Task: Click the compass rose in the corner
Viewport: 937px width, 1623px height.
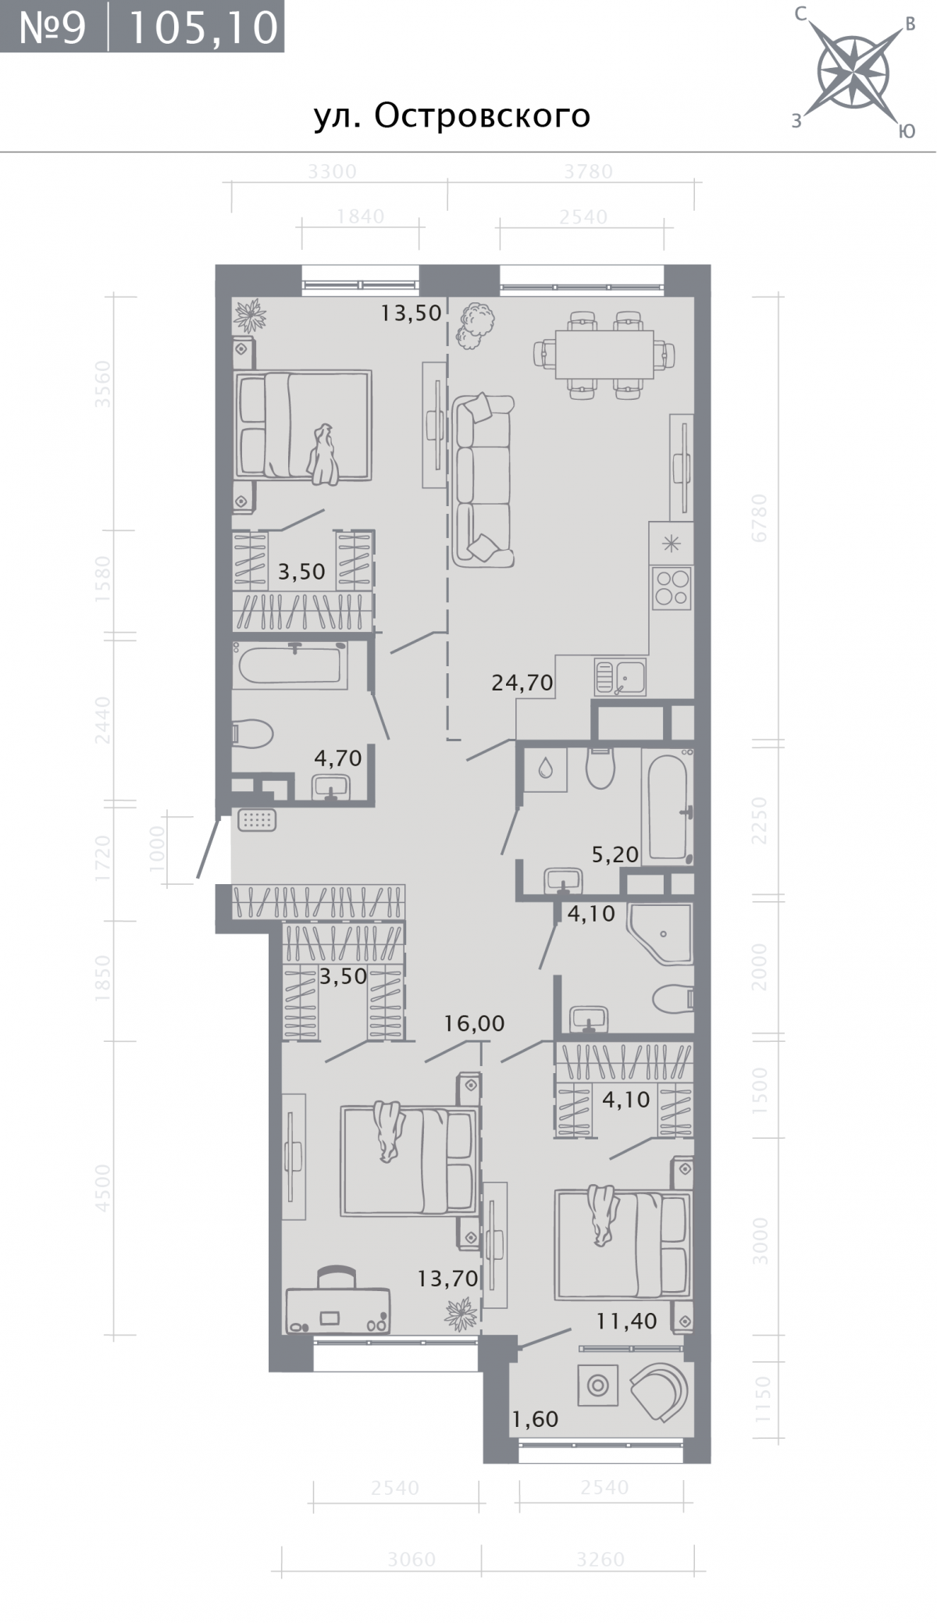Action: click(853, 73)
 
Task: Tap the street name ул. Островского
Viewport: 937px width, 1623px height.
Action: click(452, 116)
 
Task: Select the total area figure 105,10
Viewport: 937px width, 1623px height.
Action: click(202, 27)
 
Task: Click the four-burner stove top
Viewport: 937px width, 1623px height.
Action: click(672, 588)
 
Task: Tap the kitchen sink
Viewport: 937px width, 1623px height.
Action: click(620, 677)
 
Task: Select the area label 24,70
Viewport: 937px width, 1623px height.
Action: click(522, 683)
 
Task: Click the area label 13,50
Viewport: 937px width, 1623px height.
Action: click(411, 313)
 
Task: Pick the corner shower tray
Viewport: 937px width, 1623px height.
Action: click(661, 933)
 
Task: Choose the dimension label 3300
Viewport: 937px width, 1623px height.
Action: click(332, 171)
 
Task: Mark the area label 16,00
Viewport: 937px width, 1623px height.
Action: click(475, 1023)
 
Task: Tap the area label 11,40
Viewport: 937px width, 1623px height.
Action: click(627, 1322)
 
